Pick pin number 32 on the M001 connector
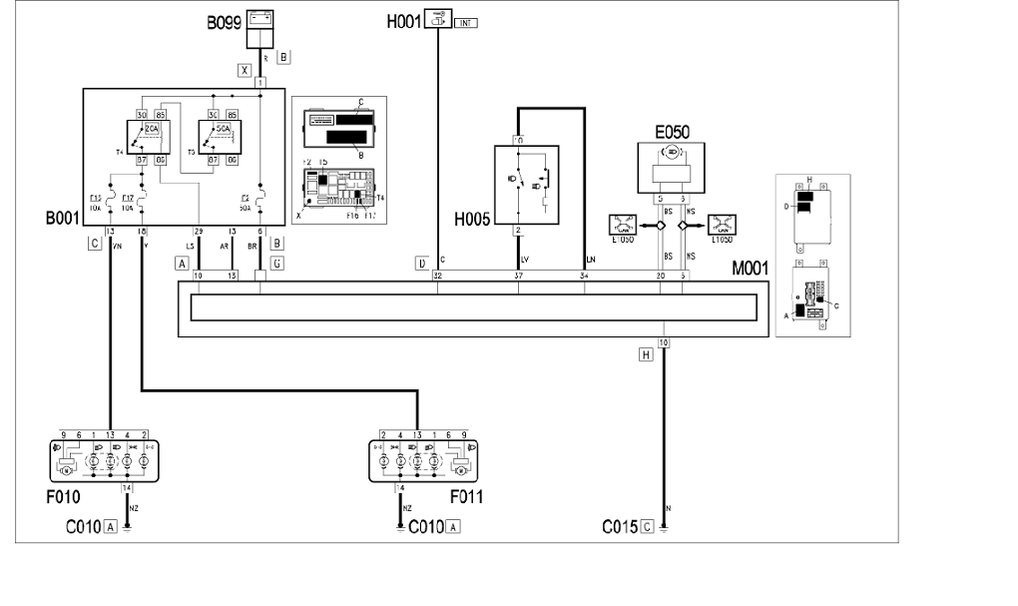(438, 275)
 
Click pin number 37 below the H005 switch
(518, 275)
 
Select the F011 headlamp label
(467, 496)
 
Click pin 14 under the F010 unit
(126, 487)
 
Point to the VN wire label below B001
(118, 244)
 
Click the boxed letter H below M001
(647, 352)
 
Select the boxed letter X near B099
(244, 70)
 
